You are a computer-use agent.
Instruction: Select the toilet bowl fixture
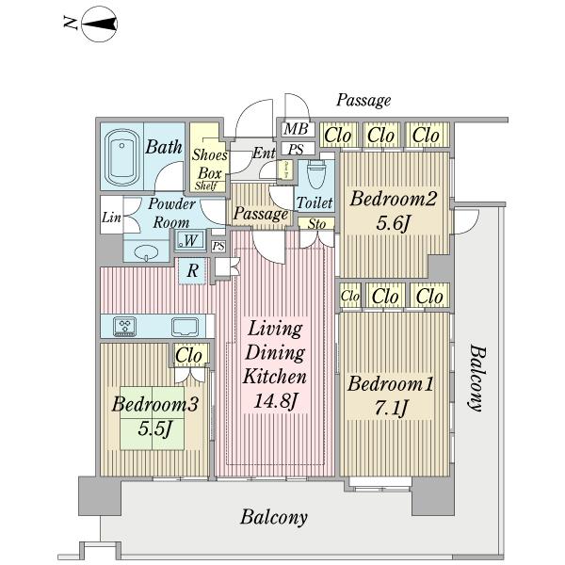316,174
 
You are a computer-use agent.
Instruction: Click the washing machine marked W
190,241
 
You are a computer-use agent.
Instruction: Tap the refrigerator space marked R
192,270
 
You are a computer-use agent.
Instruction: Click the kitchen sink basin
184,327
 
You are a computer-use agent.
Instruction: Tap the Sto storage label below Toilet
315,224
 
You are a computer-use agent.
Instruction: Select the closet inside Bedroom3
189,356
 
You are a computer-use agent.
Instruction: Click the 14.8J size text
276,402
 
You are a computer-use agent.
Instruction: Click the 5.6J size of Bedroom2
392,224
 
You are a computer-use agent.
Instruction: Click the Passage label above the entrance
363,100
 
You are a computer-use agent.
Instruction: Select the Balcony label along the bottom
274,517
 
